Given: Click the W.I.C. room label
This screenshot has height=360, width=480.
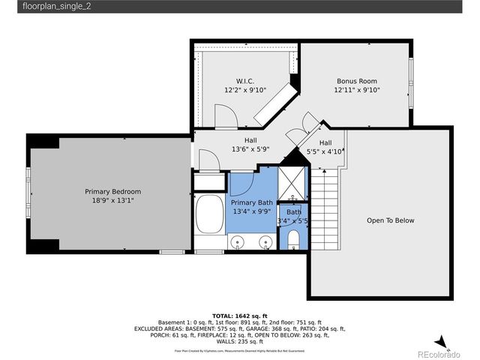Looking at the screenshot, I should click(x=244, y=81).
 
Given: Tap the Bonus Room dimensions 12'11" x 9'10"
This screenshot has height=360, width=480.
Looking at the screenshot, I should click(x=356, y=90).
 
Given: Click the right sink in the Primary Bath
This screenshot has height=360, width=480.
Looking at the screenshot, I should click(x=265, y=242).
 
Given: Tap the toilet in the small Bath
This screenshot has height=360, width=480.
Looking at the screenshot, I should click(x=293, y=239).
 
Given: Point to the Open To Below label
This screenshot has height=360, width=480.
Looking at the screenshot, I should click(x=390, y=220).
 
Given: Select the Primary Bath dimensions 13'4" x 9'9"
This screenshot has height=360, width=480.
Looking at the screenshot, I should click(x=252, y=212).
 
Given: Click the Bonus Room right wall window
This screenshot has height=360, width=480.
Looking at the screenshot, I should click(x=411, y=82).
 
